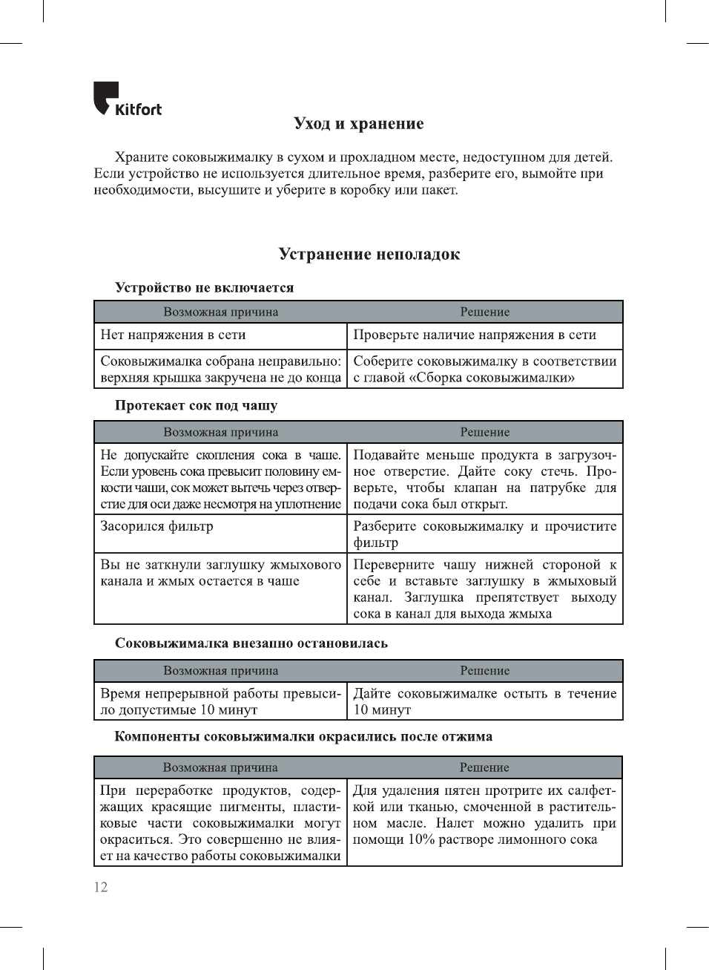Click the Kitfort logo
coord(127,99)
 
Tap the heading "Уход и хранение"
coord(358,123)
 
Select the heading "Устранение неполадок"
coord(369,254)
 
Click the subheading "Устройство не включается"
coord(204,287)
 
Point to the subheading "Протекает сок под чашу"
coord(196,405)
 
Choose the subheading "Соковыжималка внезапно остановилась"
coord(251,643)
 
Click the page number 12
coord(101,887)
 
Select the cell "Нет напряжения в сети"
coord(173,335)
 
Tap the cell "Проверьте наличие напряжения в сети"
coord(475,335)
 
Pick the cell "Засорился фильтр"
coord(156,526)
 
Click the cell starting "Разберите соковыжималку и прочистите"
coord(484,534)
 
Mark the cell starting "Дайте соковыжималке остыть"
coord(484,701)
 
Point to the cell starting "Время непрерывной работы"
coord(220,701)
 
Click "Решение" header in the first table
coord(484,312)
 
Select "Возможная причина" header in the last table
coord(220,767)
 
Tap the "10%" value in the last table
coord(423,839)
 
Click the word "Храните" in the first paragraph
coord(141,157)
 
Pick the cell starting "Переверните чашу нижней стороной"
coord(484,589)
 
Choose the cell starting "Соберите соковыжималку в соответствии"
coord(484,369)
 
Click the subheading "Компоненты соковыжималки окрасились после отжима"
coord(303,736)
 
